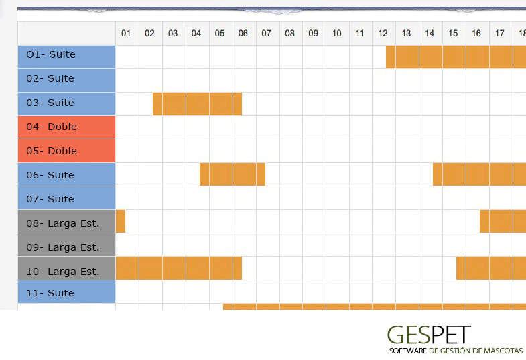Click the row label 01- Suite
click(66, 55)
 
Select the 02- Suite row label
click(66, 79)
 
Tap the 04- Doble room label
click(66, 127)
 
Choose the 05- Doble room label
click(66, 151)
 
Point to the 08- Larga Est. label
click(66, 223)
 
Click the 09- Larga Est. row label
click(66, 247)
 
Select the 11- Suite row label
click(66, 293)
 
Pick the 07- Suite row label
click(66, 199)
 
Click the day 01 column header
click(126, 34)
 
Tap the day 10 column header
click(336, 34)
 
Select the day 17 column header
click(500, 34)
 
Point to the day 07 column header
click(266, 34)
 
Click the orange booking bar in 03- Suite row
click(197, 103)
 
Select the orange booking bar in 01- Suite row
click(456, 57)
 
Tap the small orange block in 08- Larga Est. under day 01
click(121, 221)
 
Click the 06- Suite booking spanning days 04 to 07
click(233, 174)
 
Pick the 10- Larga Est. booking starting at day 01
click(178, 268)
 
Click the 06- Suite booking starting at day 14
click(479, 174)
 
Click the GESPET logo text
click(429, 335)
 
